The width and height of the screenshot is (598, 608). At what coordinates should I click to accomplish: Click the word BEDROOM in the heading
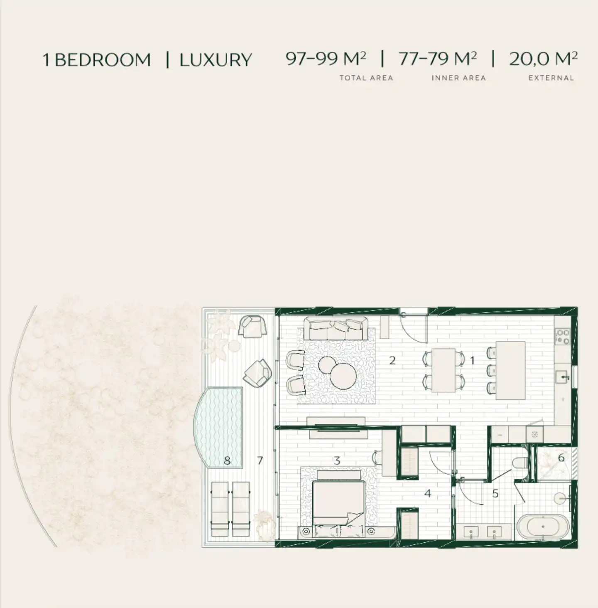103,60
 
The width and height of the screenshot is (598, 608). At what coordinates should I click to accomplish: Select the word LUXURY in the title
216,60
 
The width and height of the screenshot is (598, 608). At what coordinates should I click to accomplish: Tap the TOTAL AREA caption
366,78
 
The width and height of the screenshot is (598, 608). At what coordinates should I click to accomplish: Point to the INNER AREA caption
458,78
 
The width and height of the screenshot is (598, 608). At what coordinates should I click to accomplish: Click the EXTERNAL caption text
551,78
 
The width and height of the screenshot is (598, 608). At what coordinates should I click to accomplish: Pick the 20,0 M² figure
543,59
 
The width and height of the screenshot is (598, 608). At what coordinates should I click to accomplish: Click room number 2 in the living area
392,360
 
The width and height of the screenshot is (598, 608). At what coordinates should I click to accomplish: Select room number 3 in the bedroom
337,461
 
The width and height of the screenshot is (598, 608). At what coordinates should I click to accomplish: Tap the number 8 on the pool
227,461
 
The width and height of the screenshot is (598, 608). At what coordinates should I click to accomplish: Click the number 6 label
561,458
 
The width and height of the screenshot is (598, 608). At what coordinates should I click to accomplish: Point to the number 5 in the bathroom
495,494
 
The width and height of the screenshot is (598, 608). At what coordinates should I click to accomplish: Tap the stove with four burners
562,336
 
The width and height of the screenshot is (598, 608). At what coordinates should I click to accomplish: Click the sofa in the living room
336,328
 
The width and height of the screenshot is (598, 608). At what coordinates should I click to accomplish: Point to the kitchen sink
563,377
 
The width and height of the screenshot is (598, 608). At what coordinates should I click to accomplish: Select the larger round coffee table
343,376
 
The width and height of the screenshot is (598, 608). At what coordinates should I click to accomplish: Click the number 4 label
428,493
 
